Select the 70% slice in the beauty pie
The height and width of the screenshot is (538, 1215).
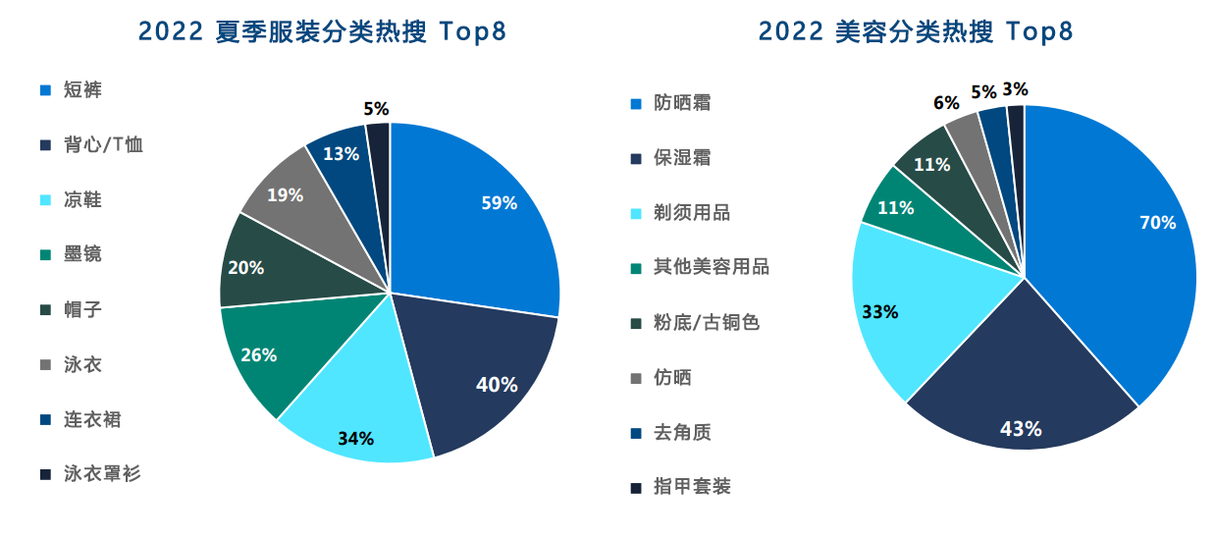(1119, 245)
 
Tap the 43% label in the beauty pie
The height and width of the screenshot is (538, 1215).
(1021, 429)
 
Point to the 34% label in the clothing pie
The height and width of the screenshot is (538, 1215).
(355, 438)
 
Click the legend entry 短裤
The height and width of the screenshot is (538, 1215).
(82, 90)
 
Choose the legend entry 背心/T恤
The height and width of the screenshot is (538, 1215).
(103, 145)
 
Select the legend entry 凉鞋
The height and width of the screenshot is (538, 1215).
(82, 200)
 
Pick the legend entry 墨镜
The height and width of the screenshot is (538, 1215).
(82, 255)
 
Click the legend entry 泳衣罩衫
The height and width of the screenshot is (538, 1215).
(102, 474)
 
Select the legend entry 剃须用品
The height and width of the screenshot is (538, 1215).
(692, 213)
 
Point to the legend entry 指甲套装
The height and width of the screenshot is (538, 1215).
(692, 486)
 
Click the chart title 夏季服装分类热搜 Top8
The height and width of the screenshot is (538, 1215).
(323, 31)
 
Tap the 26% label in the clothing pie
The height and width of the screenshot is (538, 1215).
(258, 355)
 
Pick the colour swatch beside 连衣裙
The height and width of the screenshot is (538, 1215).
(45, 420)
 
